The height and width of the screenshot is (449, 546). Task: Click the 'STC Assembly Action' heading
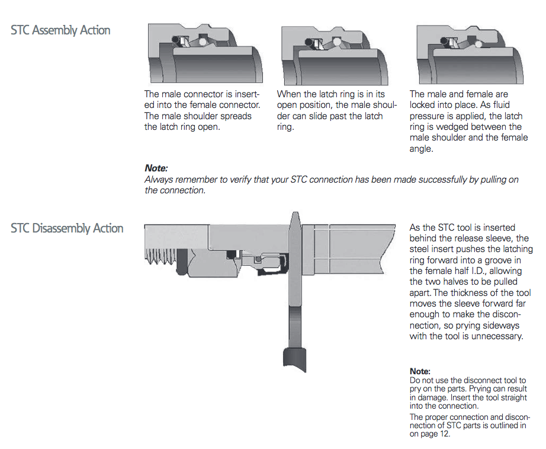pos(60,30)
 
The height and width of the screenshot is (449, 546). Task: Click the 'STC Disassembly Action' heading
pos(67,228)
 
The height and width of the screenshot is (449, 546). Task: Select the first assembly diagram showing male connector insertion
pos(205,55)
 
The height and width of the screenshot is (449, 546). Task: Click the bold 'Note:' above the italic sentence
pos(156,168)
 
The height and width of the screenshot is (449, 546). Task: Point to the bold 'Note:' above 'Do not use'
pos(420,371)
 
